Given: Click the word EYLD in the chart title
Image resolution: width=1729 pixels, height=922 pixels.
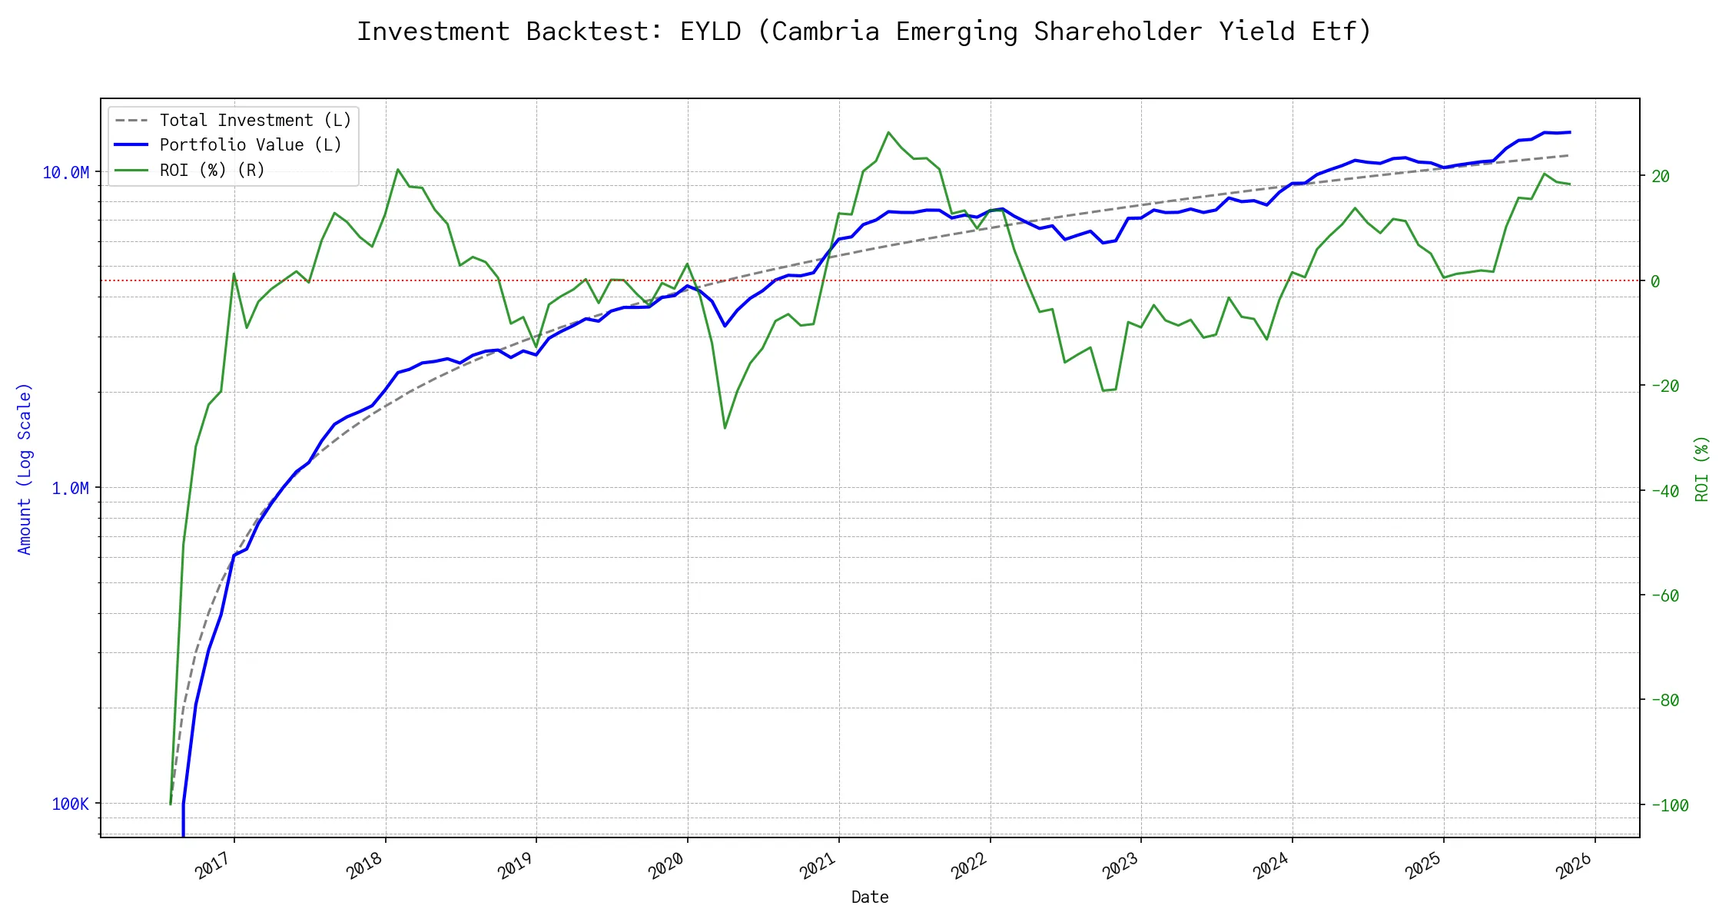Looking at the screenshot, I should [710, 32].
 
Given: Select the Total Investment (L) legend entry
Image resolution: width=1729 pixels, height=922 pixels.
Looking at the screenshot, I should [255, 121].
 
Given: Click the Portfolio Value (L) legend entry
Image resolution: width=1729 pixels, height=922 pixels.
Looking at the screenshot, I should [251, 145].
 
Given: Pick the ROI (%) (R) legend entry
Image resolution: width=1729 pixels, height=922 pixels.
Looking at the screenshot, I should [212, 171].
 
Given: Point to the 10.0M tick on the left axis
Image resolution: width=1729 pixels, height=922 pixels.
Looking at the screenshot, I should [66, 173].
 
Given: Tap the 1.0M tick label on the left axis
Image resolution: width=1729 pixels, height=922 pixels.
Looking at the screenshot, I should [71, 489].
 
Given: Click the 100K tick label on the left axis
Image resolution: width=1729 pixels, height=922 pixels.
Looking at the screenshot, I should [71, 804].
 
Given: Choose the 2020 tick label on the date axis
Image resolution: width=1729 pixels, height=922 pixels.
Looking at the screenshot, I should [666, 866].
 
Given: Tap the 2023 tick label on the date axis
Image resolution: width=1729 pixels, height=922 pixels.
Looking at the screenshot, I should [1120, 866].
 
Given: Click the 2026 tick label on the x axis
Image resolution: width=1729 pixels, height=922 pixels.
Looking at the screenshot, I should [1574, 866].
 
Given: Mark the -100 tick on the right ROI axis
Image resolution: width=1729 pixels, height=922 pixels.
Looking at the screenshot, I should [1670, 806].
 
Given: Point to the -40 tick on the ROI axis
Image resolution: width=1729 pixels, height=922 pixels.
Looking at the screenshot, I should [1665, 491].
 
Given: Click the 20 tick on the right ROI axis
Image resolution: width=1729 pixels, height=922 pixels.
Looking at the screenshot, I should [1661, 177].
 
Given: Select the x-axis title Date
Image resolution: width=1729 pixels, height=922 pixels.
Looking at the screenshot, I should [870, 897].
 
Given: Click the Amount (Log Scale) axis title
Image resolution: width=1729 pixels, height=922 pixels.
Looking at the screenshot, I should [25, 469].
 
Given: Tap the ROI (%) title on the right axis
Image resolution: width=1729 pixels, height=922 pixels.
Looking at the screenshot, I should [1702, 469].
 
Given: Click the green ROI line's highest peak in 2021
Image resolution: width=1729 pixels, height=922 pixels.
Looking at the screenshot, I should [888, 132].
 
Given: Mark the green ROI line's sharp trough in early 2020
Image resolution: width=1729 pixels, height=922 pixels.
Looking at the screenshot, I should [725, 428].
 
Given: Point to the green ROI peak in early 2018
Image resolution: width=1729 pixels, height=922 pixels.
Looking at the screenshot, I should [397, 169].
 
